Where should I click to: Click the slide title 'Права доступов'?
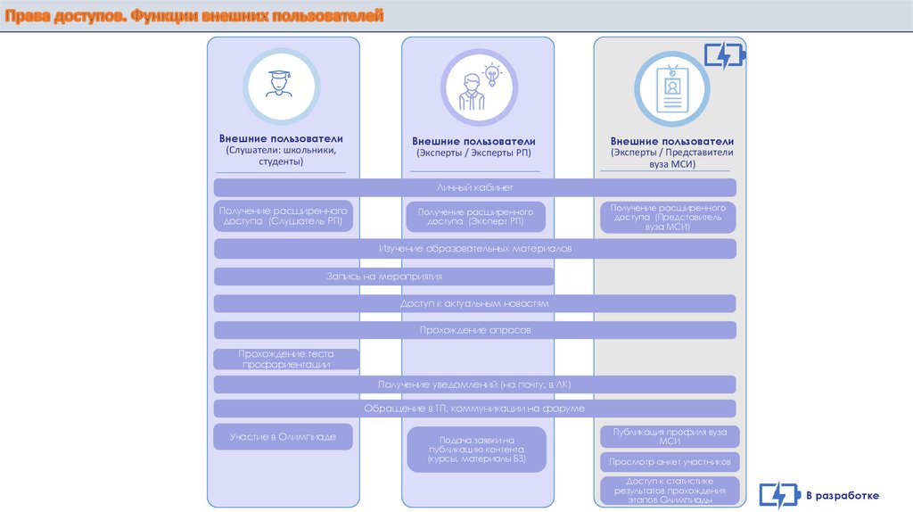pos(193,17)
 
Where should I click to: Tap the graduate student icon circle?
pos(283,86)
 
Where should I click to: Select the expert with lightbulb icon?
pos(478,87)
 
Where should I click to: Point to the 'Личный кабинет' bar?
pos(475,187)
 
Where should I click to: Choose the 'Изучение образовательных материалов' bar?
pos(475,248)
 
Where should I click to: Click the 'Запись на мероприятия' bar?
pos(383,277)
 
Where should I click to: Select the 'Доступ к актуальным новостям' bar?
pos(475,303)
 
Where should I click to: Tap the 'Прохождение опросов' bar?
pos(475,330)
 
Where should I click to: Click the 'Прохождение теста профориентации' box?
pos(285,359)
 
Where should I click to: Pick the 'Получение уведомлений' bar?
pos(475,384)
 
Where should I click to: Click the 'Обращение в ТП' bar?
pos(475,409)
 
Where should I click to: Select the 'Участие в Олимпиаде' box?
pos(284,436)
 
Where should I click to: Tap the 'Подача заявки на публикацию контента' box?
pos(477,450)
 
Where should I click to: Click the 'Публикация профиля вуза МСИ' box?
pos(670,436)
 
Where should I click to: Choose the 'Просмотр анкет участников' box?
pos(670,462)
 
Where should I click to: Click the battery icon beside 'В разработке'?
pos(778,496)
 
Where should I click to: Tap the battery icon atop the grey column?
pos(724,56)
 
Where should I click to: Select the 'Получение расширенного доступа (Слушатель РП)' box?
pos(284,215)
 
